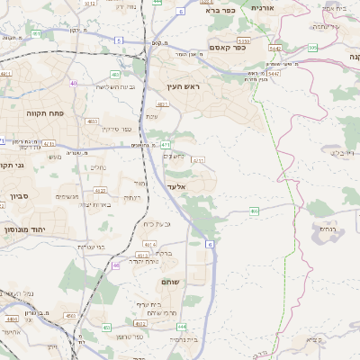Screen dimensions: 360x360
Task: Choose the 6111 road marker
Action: tap(198, 160)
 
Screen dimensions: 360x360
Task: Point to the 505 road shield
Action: tap(312, 47)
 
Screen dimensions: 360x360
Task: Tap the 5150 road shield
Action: tap(242, 41)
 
